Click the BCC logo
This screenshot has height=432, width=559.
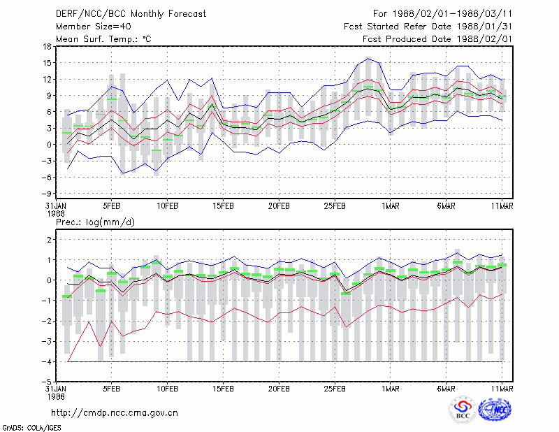pyautogui.click(x=463, y=410)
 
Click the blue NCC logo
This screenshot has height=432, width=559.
pyautogui.click(x=495, y=410)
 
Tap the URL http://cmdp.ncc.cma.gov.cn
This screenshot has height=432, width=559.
pyautogui.click(x=115, y=413)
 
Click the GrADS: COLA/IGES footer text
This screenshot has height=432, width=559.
pyautogui.click(x=32, y=428)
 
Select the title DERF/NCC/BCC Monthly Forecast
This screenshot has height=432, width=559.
pyautogui.click(x=131, y=14)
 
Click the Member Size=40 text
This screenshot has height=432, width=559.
pyautogui.click(x=94, y=27)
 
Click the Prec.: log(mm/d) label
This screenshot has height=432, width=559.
pyautogui.click(x=96, y=222)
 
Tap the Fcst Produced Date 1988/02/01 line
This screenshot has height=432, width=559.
pyautogui.click(x=437, y=39)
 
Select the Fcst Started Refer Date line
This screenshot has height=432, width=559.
pyautogui.click(x=428, y=27)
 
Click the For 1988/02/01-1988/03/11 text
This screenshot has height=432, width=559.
pyautogui.click(x=442, y=14)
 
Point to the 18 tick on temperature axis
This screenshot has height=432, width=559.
pyautogui.click(x=48, y=46)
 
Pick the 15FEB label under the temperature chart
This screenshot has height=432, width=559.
pyautogui.click(x=223, y=206)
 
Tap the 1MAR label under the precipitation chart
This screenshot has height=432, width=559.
pyautogui.click(x=391, y=389)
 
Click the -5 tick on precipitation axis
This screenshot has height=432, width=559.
pyautogui.click(x=46, y=382)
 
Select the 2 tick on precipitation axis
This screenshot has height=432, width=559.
pyautogui.click(x=49, y=240)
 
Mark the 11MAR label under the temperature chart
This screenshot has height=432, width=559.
pyautogui.click(x=502, y=206)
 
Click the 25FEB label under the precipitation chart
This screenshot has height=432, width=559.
pyautogui.click(x=335, y=389)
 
